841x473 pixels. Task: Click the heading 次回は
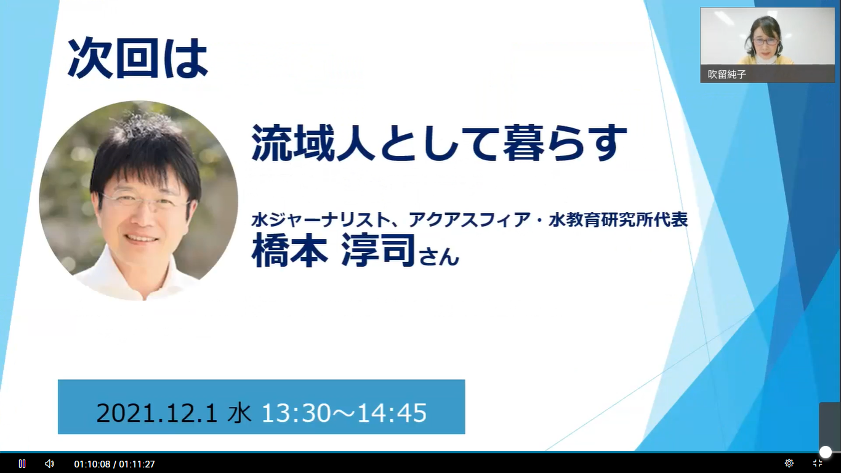(x=138, y=59)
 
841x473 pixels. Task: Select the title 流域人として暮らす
(x=439, y=143)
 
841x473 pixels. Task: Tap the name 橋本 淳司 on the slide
(x=334, y=251)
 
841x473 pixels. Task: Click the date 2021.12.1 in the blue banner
(x=157, y=413)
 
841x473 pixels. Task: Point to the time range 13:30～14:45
(x=344, y=413)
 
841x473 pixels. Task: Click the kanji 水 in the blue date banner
(x=239, y=413)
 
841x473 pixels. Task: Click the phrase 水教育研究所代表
(x=618, y=220)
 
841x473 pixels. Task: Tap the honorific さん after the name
(x=439, y=256)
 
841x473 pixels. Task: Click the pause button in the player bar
(x=22, y=464)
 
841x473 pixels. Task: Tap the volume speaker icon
(x=49, y=464)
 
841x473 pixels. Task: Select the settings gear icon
(x=789, y=463)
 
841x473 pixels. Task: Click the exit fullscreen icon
(x=818, y=463)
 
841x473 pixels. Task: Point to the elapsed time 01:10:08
(x=92, y=464)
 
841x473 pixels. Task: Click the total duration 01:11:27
(x=137, y=464)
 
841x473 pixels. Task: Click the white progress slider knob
(x=825, y=452)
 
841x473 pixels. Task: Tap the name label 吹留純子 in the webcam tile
(x=727, y=74)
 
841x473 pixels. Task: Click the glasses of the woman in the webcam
(x=766, y=41)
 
